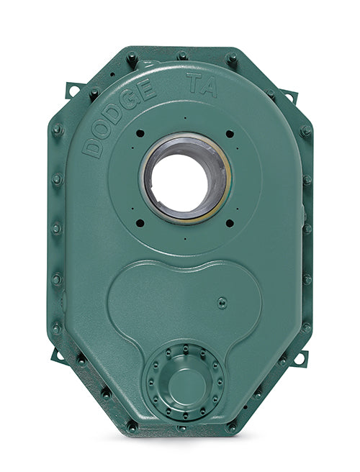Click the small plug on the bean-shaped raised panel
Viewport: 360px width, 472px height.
(x=222, y=302)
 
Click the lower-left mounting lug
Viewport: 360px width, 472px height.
(x=58, y=355)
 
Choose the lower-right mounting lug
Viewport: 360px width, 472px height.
(x=300, y=358)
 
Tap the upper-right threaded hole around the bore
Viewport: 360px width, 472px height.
(x=230, y=134)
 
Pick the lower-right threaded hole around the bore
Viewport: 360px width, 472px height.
(x=230, y=222)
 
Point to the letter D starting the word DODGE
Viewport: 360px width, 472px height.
(x=92, y=148)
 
